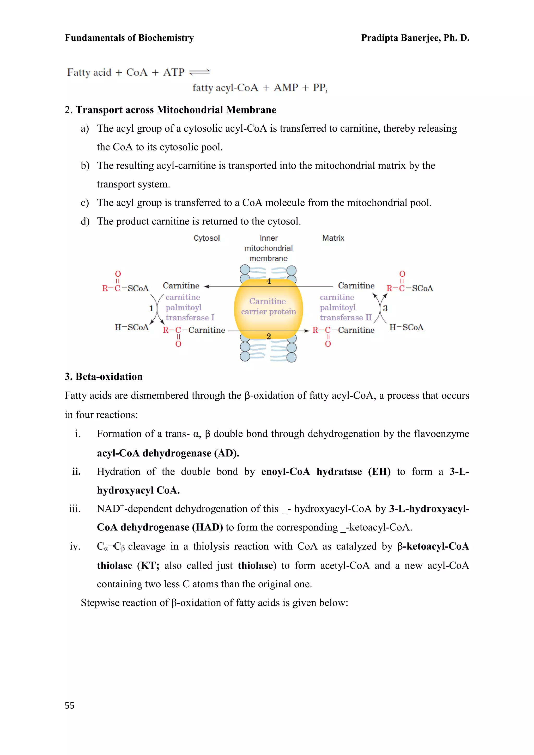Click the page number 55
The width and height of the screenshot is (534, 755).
click(x=69, y=705)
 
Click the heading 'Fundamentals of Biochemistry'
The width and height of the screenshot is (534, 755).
click(x=129, y=38)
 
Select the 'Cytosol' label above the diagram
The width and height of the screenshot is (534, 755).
click(x=207, y=238)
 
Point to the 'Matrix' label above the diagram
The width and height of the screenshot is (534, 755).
click(x=333, y=238)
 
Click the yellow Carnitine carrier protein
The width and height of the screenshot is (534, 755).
click(x=268, y=307)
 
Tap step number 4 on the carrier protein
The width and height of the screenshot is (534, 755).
click(x=269, y=281)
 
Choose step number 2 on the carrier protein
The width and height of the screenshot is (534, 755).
click(x=269, y=336)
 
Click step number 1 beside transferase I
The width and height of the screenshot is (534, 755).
click(x=151, y=308)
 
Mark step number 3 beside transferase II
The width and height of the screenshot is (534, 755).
click(x=385, y=308)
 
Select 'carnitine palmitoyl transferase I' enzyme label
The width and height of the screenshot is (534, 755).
click(x=190, y=307)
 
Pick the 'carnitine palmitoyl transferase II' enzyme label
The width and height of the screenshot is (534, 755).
click(x=345, y=307)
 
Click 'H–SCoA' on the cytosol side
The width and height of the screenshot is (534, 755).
click(x=131, y=327)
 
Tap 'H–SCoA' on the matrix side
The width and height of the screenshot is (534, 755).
click(x=406, y=327)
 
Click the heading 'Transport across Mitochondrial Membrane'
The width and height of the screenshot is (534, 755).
click(x=176, y=110)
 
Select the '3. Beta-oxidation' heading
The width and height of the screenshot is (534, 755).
click(x=104, y=376)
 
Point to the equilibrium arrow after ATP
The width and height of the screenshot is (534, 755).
click(x=199, y=72)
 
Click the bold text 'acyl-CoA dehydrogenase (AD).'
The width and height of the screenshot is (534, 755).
click(x=168, y=453)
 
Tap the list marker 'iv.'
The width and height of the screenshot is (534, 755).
click(x=75, y=546)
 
